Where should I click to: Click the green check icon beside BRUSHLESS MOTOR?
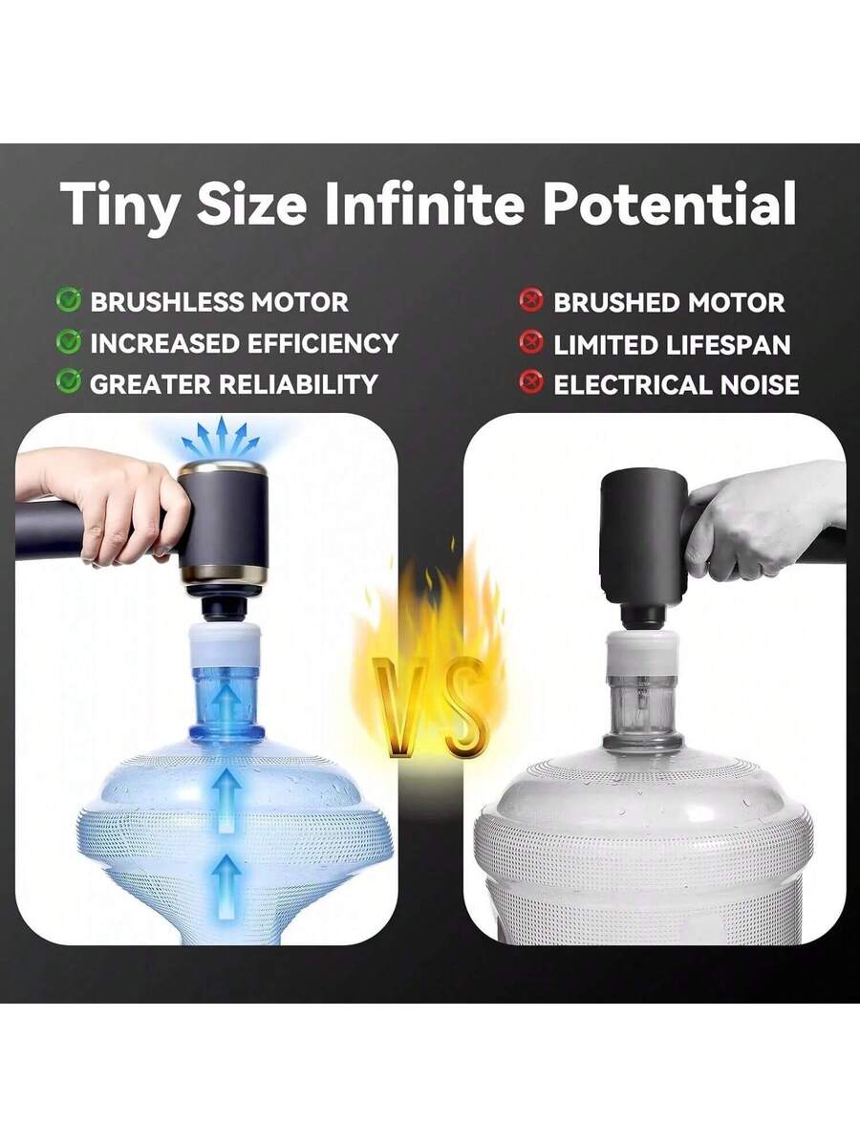point(69,300)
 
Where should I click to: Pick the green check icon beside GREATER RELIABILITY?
point(69,381)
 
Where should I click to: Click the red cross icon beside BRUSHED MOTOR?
point(531,301)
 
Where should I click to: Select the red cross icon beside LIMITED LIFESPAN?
point(531,342)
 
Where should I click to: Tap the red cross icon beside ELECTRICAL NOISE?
point(531,382)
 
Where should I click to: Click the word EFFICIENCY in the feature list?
point(323,343)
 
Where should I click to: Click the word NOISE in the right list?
point(760,384)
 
